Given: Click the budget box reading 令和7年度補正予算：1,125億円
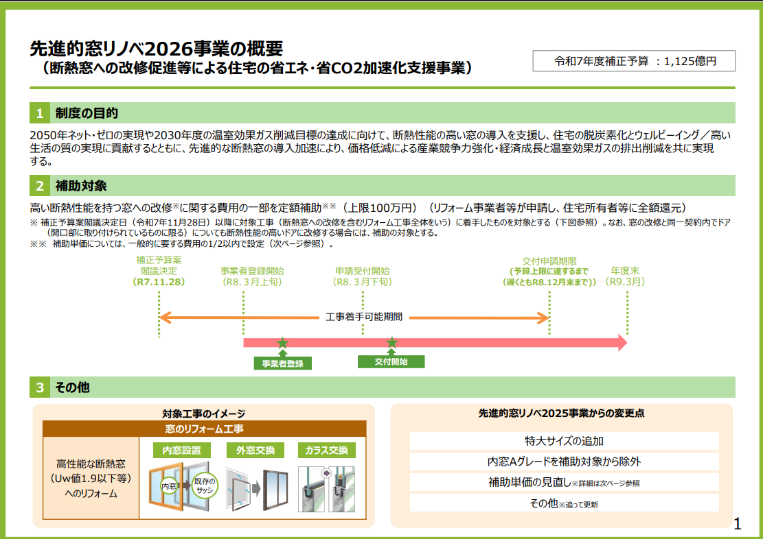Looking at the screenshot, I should pos(634,61).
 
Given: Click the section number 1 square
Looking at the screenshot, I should pos(40,113).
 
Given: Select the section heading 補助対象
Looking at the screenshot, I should pos(81,186).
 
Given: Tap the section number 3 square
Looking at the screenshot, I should pos(40,387).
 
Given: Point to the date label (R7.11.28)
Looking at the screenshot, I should pos(159,282).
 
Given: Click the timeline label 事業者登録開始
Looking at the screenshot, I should pos(252,271).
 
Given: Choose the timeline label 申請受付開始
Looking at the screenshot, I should pos(363,271).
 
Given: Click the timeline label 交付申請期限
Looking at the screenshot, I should pos(549,261).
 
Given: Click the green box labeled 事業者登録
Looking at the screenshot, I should pos(282,363).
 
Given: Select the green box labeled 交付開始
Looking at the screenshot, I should pos(391,361).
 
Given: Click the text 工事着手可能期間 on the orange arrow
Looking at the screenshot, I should pos(363,318).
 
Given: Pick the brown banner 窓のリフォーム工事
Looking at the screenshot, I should pos(204,429).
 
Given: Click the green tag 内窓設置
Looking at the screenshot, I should pos(181,451).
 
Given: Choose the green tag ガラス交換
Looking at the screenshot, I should pos(327,451).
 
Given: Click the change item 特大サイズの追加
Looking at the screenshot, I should pos(564,440).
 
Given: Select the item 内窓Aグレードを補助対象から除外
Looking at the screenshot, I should pos(564,462).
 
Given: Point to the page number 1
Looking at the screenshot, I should pos(738,525).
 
